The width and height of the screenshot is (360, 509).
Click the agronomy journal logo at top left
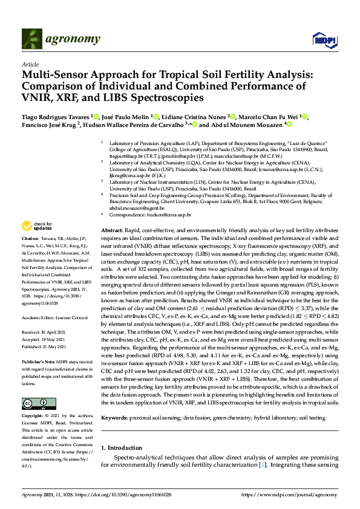[61, 39]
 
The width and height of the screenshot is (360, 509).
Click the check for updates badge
[37, 226]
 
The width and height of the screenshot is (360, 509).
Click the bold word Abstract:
[112, 232]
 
